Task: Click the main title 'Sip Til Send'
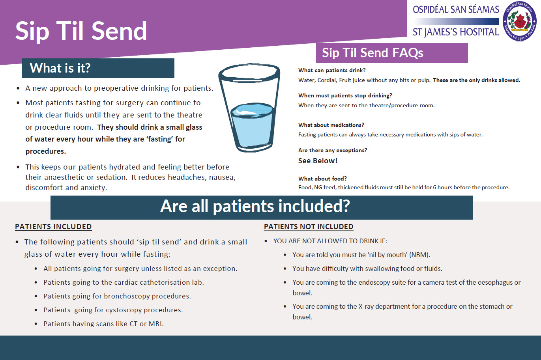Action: [x=81, y=31]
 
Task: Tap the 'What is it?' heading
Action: [x=60, y=68]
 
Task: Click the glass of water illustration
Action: [x=249, y=107]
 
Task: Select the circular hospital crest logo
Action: [x=520, y=21]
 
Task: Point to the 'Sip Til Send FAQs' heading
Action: [x=373, y=53]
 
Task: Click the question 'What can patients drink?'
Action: [x=332, y=70]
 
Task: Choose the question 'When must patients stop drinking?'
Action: [x=345, y=95]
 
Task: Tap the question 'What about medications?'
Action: [x=331, y=125]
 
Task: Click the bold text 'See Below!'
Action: [x=318, y=161]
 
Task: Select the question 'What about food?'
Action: [x=322, y=179]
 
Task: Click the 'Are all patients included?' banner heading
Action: [x=255, y=206]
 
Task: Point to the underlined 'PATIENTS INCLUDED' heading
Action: [x=53, y=227]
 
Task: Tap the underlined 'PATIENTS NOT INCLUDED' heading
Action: [x=309, y=227]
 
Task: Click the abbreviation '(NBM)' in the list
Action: [x=419, y=255]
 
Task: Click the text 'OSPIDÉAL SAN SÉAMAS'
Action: [x=456, y=9]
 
